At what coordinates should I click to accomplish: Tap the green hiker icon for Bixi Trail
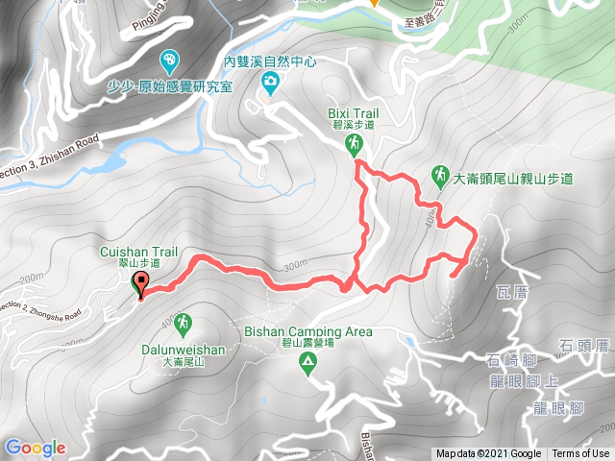tap(356, 144)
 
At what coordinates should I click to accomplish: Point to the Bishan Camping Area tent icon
tap(307, 363)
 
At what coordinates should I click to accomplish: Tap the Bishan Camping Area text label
tap(308, 332)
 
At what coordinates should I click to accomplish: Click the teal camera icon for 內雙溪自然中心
tap(271, 85)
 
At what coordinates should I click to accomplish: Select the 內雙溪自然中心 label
tap(270, 60)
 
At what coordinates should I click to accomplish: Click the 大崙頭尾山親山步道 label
tap(513, 178)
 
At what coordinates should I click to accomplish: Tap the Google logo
tap(35, 448)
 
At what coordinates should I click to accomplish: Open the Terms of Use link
tap(579, 454)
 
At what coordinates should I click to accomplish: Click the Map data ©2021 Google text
tap(488, 454)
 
